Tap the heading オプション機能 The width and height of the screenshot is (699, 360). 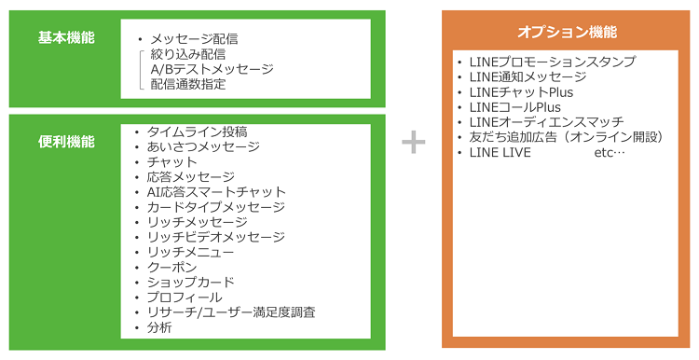click(567, 32)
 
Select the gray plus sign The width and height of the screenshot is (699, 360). click(413, 142)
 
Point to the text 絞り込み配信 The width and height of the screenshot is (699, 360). click(187, 54)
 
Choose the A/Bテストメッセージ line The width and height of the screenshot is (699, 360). click(212, 69)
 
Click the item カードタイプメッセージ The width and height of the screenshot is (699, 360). click(215, 207)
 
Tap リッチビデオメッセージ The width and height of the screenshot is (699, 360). click(215, 237)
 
